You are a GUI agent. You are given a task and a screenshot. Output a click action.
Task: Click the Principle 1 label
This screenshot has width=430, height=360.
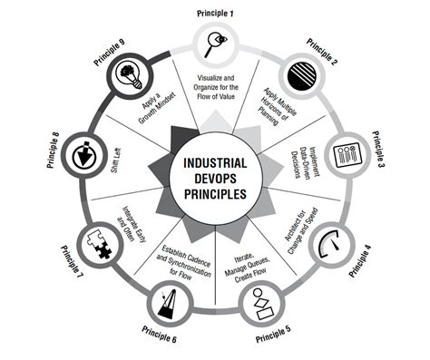tap(216, 14)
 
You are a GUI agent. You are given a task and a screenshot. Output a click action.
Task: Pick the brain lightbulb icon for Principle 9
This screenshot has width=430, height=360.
tap(124, 73)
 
